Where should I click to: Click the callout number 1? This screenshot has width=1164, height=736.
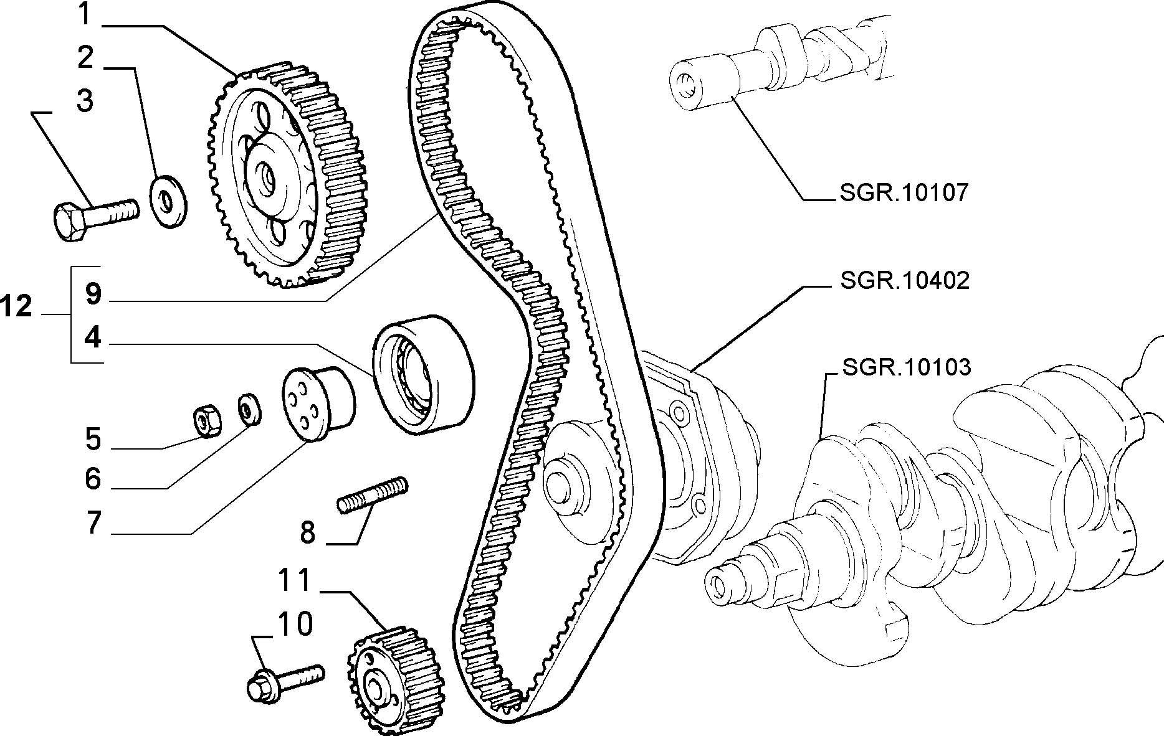87,14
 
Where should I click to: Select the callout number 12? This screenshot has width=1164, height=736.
16,306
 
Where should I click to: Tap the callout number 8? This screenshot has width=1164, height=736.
308,532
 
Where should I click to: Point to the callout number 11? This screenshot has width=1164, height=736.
295,580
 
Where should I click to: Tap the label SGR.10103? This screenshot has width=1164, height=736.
906,367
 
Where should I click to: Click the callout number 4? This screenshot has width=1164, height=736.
93,337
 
